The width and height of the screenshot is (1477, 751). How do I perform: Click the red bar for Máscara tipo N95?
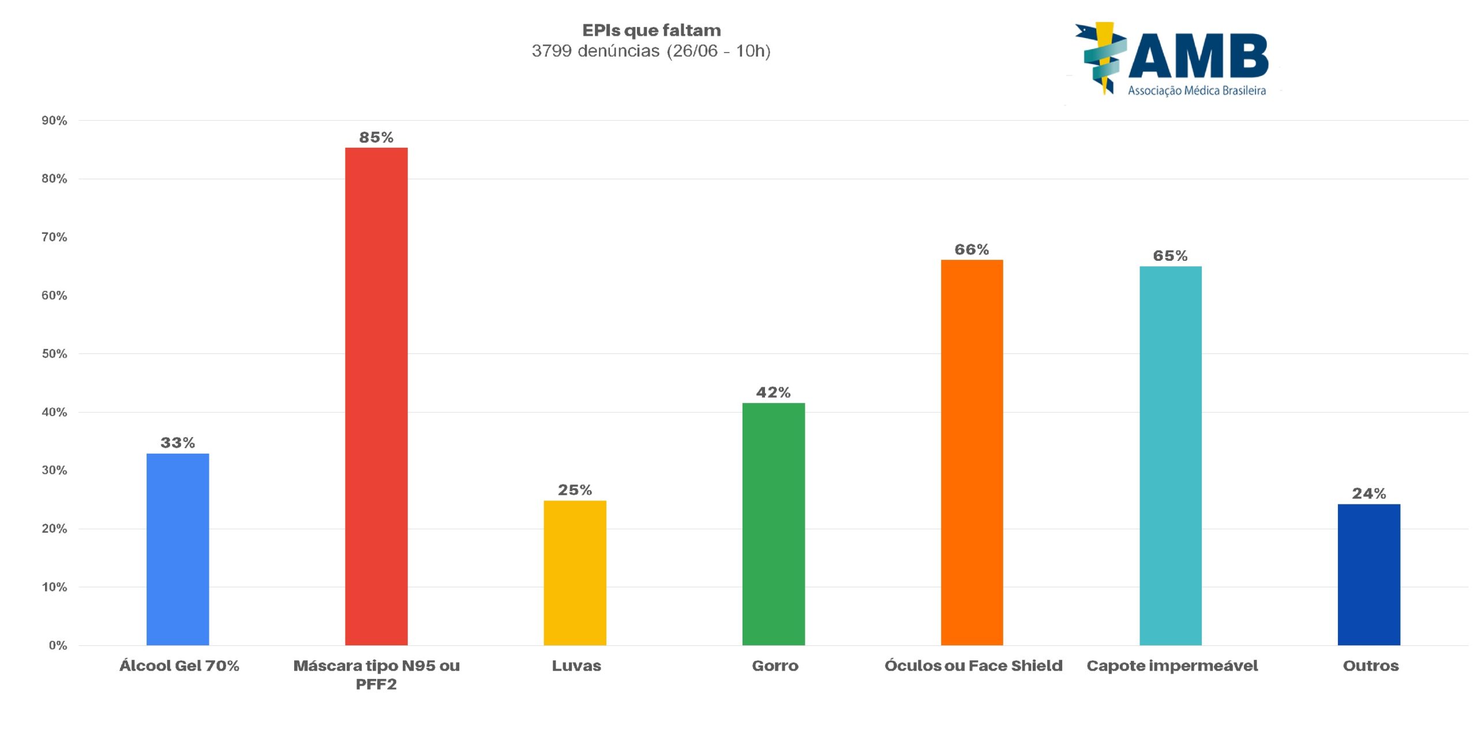(x=376, y=396)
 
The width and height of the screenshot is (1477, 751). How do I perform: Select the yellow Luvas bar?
(x=575, y=573)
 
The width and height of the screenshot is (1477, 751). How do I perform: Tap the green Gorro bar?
(x=773, y=524)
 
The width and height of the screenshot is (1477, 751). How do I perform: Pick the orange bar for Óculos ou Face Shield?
(x=972, y=452)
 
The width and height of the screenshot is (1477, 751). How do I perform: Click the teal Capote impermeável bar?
(x=1170, y=455)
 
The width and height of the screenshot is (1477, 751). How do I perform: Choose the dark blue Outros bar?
(x=1369, y=574)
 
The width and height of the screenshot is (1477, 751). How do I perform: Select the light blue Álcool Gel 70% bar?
(x=178, y=549)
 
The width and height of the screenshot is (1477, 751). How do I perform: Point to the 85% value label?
(x=376, y=137)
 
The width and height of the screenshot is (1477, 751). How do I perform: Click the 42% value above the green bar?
(x=773, y=393)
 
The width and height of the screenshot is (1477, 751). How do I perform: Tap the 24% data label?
(x=1369, y=494)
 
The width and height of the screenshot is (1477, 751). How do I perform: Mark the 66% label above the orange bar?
(x=972, y=249)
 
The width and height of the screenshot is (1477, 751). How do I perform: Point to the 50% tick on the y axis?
(x=54, y=354)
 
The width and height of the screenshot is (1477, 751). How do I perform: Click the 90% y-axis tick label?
(x=54, y=121)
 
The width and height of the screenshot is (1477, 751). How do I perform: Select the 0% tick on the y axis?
(x=58, y=645)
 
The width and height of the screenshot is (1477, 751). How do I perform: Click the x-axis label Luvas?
(x=576, y=666)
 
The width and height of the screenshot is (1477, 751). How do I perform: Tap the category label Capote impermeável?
(x=1172, y=666)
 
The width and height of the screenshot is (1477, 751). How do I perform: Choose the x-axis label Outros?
(x=1371, y=666)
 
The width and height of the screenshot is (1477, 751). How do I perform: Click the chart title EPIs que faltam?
(x=651, y=30)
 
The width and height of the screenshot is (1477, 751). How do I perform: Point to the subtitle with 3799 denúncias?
(x=651, y=51)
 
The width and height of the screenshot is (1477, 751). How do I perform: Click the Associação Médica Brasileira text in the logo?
(x=1197, y=91)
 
